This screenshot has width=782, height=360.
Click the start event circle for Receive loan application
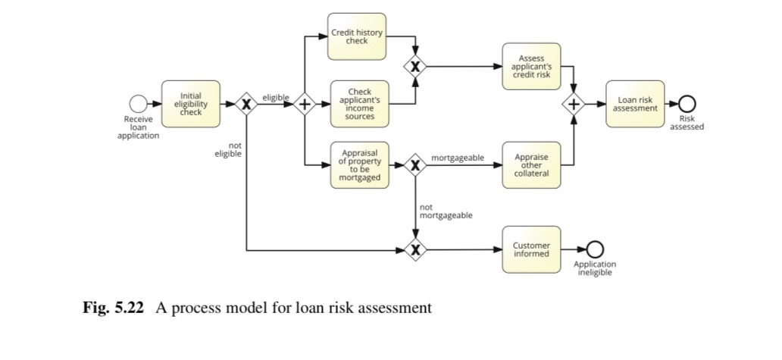pos(137,104)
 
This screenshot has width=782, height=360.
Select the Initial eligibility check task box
pos(191,104)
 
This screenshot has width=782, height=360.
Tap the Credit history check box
pos(356,36)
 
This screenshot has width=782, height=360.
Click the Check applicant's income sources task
pos(359,104)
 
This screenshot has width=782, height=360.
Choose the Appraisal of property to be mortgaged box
pos(359,164)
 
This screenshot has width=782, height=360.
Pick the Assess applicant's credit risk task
pos(530,66)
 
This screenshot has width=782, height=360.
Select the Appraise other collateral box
pos(530,164)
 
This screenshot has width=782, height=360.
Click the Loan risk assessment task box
pos(635,104)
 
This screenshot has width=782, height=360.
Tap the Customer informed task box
pos(530,249)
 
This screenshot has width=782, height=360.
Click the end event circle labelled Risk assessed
pos(687,105)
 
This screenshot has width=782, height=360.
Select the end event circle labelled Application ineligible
pos(595,249)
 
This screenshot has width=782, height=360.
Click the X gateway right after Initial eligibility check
pos(246,105)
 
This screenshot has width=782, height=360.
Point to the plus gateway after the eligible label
pos(305,105)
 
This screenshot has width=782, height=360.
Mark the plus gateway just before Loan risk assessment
pos(574,105)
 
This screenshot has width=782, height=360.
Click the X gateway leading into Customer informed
pos(415,249)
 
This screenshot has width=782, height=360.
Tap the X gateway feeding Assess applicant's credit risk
pos(415,67)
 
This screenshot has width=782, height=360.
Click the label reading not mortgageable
pos(446,211)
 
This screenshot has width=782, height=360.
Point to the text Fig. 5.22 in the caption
pos(113,308)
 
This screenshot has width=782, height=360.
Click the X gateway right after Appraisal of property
pos(415,164)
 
